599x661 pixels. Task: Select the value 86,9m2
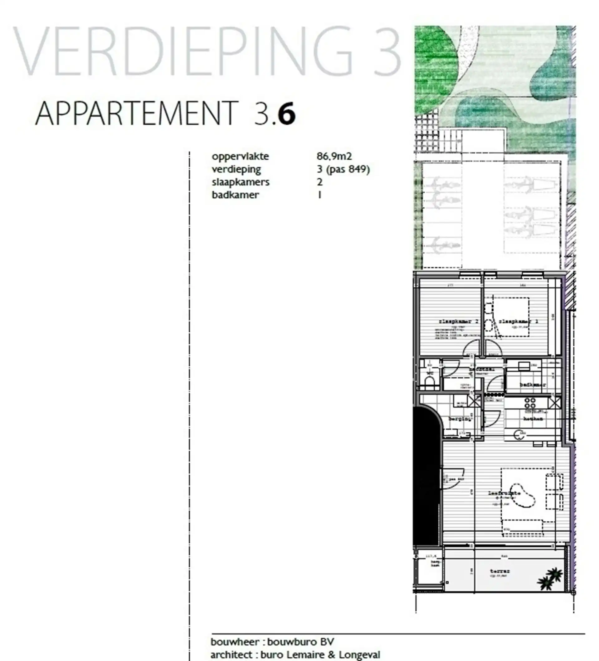[334, 156]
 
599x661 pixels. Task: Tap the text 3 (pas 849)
[343, 169]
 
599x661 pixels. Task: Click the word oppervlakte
[240, 156]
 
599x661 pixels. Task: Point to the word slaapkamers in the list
[241, 182]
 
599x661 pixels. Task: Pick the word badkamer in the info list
[235, 195]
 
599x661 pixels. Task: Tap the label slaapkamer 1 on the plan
[518, 322]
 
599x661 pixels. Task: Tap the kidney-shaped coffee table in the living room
[521, 495]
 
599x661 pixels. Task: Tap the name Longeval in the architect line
[359, 655]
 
